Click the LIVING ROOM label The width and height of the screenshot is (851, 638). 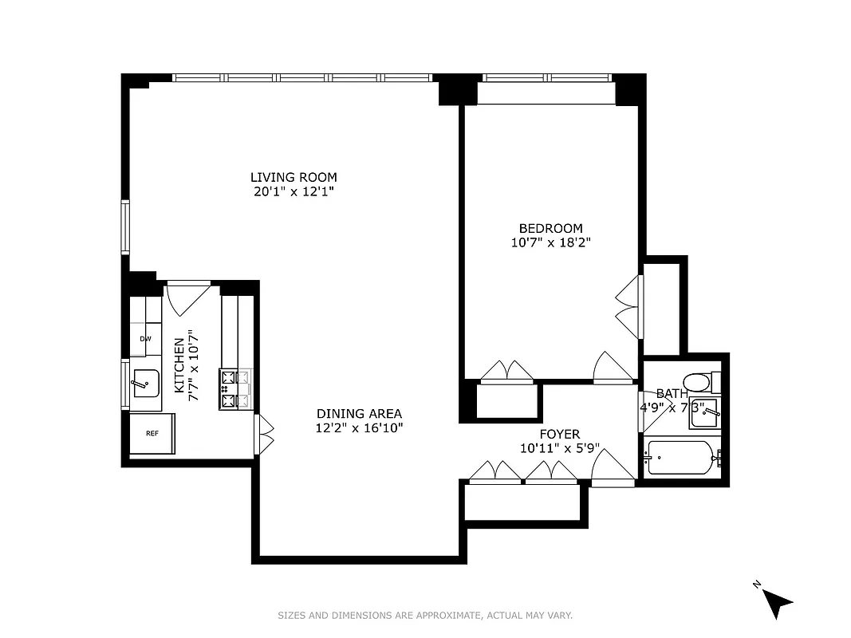[x=294, y=177]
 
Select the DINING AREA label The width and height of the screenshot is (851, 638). [x=359, y=413]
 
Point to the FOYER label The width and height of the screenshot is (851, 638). [x=559, y=434]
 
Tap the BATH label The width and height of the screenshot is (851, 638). [x=672, y=393]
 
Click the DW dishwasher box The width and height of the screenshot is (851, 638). [x=145, y=339]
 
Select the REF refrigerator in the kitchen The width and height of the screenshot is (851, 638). [x=152, y=433]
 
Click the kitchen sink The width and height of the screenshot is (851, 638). [x=146, y=384]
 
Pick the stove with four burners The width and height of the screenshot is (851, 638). [x=229, y=389]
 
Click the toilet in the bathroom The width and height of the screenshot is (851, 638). [x=699, y=382]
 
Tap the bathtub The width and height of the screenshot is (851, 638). [x=679, y=458]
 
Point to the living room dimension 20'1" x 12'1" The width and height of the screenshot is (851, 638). [x=294, y=191]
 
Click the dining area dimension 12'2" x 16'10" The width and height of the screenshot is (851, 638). [x=359, y=428]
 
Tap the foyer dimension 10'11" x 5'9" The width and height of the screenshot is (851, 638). [x=559, y=448]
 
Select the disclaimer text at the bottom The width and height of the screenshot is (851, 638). [x=425, y=615]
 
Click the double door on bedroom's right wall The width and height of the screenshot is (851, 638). [x=628, y=307]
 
